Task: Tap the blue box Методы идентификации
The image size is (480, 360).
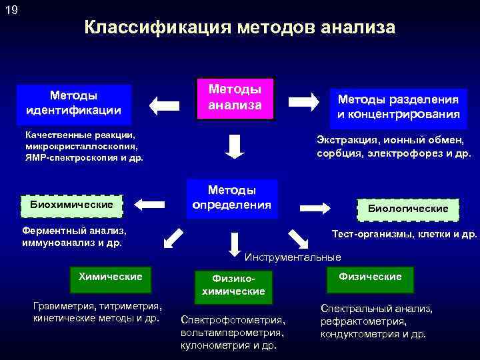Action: pos(73,102)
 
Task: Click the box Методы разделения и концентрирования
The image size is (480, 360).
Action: pos(398,107)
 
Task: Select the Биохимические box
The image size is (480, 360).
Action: pos(71,204)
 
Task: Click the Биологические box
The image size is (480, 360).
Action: pos(408,209)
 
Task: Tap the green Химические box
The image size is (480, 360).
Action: pos(110,277)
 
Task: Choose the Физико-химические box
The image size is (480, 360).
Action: pos(233,285)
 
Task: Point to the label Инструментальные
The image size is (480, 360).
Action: pos(293,257)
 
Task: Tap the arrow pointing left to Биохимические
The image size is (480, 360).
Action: pos(151,203)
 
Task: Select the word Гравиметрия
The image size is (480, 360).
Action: pos(63,306)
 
